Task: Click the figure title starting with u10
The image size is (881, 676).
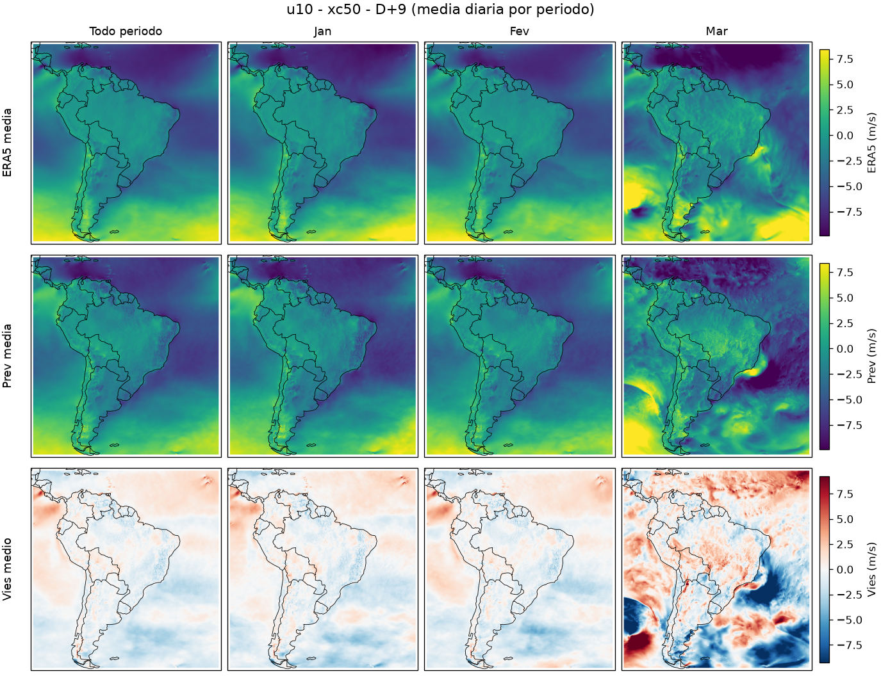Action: (440, 10)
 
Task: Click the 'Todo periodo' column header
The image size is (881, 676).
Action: (126, 31)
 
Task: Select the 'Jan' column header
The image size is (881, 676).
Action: (322, 31)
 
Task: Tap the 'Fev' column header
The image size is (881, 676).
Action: (520, 31)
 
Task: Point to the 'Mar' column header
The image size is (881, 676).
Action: (716, 31)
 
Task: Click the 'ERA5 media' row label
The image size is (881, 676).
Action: (7, 143)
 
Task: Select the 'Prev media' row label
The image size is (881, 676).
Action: (7, 356)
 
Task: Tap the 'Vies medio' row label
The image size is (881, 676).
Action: (7, 570)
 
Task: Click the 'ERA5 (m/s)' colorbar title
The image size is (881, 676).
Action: (871, 143)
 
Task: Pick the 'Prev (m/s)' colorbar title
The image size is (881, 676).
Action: (871, 356)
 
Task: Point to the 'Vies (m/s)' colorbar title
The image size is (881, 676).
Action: (871, 570)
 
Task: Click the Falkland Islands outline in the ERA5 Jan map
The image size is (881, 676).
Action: (311, 232)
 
